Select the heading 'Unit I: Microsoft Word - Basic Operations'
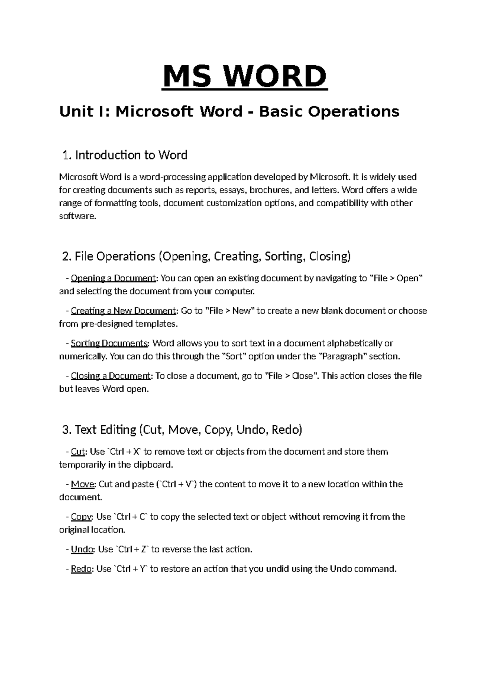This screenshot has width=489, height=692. coord(229,111)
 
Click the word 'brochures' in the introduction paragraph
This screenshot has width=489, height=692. coord(269,190)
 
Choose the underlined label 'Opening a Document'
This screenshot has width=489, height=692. coord(113,278)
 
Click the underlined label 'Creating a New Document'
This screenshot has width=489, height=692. coord(123,311)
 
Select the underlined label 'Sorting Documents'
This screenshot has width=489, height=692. coord(109,343)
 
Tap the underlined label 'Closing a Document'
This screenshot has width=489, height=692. coord(110,376)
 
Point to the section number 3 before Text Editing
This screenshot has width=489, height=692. coord(66,430)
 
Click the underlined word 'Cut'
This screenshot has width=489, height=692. coord(77,452)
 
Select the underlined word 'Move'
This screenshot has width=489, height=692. coord(83,484)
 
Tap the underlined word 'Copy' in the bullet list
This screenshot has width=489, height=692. coord(81,517)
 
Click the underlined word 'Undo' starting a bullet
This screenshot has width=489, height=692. coord(82,549)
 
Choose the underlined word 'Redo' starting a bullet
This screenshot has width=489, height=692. coord(81,569)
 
